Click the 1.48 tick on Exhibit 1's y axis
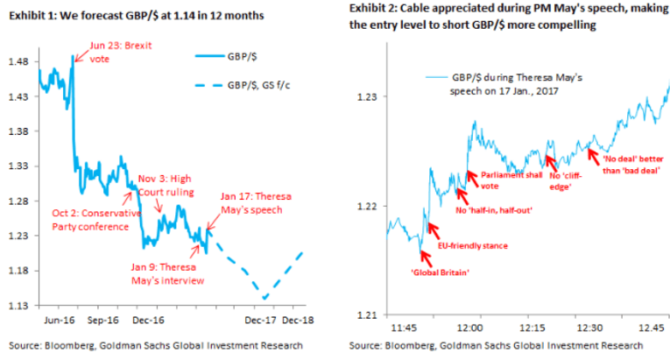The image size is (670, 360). pos(18,61)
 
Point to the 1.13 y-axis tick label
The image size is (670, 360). pos(18,306)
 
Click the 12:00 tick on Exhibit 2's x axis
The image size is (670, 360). pos(470,328)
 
